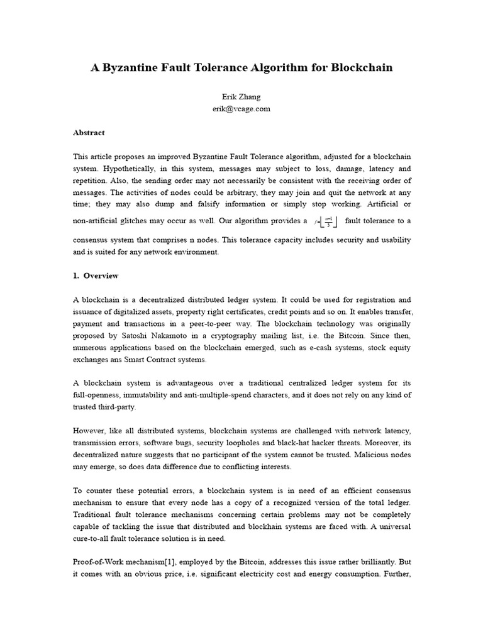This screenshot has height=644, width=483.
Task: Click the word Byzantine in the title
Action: (x=135, y=68)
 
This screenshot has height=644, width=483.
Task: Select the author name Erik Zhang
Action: (x=241, y=97)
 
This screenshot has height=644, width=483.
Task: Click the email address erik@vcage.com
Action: (x=241, y=109)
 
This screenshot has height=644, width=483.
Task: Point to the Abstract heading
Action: (x=89, y=133)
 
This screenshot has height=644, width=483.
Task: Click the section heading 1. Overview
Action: (x=96, y=276)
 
